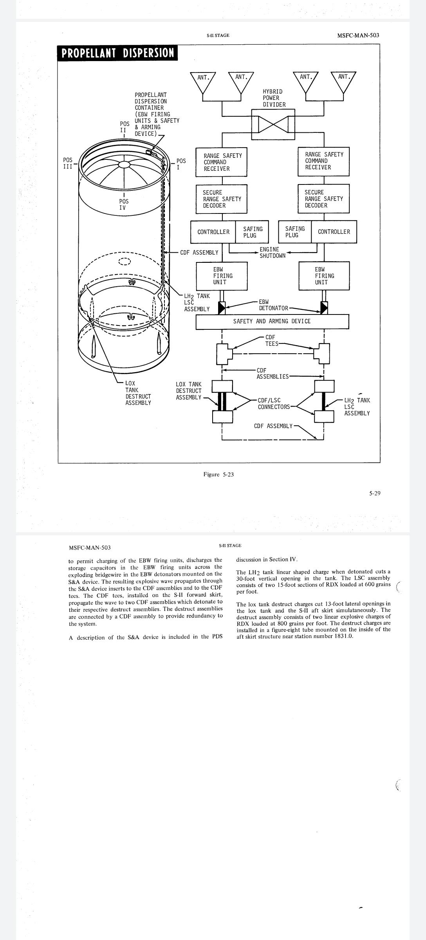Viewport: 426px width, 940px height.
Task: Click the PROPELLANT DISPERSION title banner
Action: click(x=117, y=53)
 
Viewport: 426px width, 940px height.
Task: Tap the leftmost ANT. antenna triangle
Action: click(x=202, y=83)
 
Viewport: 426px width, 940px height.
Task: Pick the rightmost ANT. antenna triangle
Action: click(x=343, y=82)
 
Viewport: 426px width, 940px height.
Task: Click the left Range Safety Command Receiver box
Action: click(x=222, y=162)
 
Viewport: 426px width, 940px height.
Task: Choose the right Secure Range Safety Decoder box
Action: click(x=323, y=199)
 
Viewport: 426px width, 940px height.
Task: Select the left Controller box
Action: click(x=213, y=232)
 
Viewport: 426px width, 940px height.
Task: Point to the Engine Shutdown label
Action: click(x=273, y=253)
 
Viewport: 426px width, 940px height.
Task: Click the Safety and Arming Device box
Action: click(x=272, y=322)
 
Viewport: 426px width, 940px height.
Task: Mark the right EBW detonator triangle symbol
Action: click(x=324, y=308)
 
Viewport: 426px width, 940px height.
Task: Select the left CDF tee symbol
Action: click(x=224, y=354)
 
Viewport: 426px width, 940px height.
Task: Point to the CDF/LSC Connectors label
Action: click(x=274, y=404)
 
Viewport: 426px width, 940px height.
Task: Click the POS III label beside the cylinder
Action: click(x=68, y=163)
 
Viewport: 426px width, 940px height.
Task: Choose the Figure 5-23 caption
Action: click(x=218, y=475)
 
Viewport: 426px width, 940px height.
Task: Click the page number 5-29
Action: click(x=375, y=493)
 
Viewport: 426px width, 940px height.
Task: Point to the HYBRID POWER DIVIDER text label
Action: click(x=274, y=98)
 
